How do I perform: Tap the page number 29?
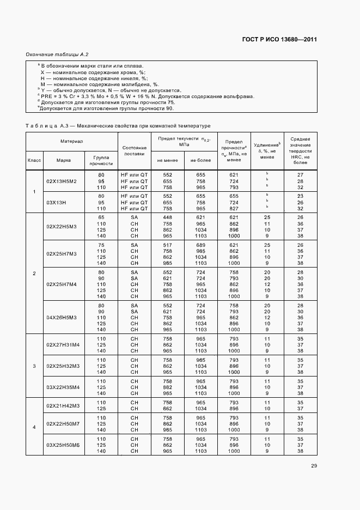click(x=314, y=466)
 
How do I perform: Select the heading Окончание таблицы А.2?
click(x=57, y=54)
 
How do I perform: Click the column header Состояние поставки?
click(x=135, y=150)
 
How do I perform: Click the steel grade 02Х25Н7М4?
click(x=62, y=284)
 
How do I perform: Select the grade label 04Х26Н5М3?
click(x=62, y=317)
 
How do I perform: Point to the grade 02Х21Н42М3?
click(x=63, y=405)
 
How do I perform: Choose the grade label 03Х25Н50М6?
click(x=63, y=445)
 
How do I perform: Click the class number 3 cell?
click(x=34, y=365)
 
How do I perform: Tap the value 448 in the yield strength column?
click(x=167, y=217)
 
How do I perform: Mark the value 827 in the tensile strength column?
click(x=234, y=208)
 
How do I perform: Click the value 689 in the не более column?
click(x=200, y=245)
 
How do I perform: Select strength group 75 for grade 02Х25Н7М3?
click(x=101, y=245)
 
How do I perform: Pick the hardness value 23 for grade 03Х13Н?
click(x=300, y=195)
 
